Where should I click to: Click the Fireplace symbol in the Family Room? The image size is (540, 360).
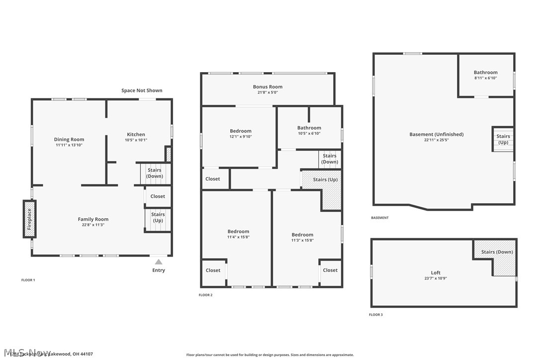pyautogui.click(x=29, y=218)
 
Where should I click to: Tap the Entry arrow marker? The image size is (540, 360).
pyautogui.click(x=158, y=262)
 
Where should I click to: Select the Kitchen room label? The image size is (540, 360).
pyautogui.click(x=136, y=134)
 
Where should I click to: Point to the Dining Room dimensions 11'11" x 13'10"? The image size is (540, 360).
pyautogui.click(x=69, y=145)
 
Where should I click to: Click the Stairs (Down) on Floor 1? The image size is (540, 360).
pyautogui.click(x=155, y=173)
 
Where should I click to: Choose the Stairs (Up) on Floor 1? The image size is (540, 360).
pyautogui.click(x=158, y=217)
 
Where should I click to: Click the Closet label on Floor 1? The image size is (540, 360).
pyautogui.click(x=158, y=196)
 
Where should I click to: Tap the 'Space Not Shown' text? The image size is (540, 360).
pyautogui.click(x=142, y=90)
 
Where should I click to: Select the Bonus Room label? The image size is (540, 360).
pyautogui.click(x=268, y=87)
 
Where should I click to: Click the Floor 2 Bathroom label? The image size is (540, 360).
pyautogui.click(x=309, y=128)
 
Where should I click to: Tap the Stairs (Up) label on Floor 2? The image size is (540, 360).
pyautogui.click(x=326, y=180)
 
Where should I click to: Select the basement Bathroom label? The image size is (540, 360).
pyautogui.click(x=485, y=73)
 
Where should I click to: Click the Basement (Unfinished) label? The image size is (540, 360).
pyautogui.click(x=436, y=134)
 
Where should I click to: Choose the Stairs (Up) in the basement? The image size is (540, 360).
pyautogui.click(x=503, y=139)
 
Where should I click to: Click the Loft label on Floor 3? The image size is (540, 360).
pyautogui.click(x=436, y=272)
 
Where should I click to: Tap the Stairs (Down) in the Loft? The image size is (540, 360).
pyautogui.click(x=497, y=252)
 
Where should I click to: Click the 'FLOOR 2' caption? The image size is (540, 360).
pyautogui.click(x=205, y=295)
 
